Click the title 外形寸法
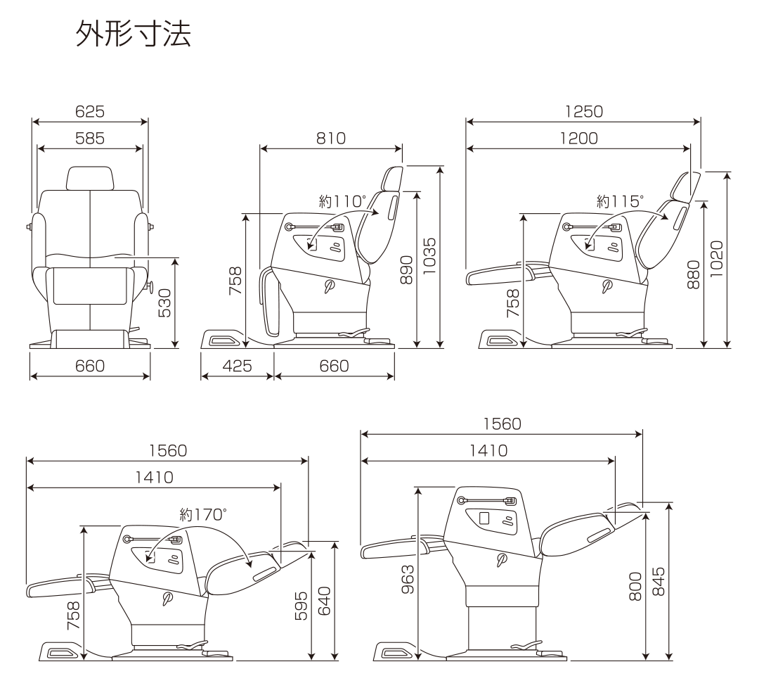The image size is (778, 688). click(x=132, y=36)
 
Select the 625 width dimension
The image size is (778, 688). click(x=90, y=111)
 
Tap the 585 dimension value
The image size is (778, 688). click(x=90, y=139)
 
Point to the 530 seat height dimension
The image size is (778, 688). click(x=164, y=302)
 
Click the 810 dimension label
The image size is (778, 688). click(x=330, y=138)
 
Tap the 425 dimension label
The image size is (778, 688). click(x=238, y=366)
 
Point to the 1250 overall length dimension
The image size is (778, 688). click(x=583, y=111)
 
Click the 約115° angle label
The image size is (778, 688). click(x=619, y=201)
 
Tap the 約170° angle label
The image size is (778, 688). click(x=203, y=514)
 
